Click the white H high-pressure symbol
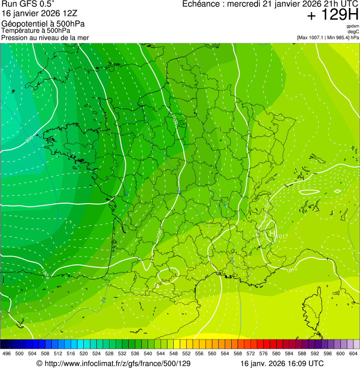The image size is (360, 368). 271,232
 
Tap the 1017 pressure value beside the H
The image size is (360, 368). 282,236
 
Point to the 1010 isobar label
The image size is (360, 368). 292,269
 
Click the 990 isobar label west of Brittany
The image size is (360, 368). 29,139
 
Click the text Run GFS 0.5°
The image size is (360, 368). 28,4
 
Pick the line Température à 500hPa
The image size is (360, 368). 36,30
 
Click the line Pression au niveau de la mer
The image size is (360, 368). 45,37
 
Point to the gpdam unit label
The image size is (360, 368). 353,27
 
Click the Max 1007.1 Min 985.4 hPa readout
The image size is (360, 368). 328,37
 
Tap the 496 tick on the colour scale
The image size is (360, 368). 7,353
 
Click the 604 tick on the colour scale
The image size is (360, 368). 353,353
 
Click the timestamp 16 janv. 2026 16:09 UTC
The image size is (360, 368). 282,363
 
